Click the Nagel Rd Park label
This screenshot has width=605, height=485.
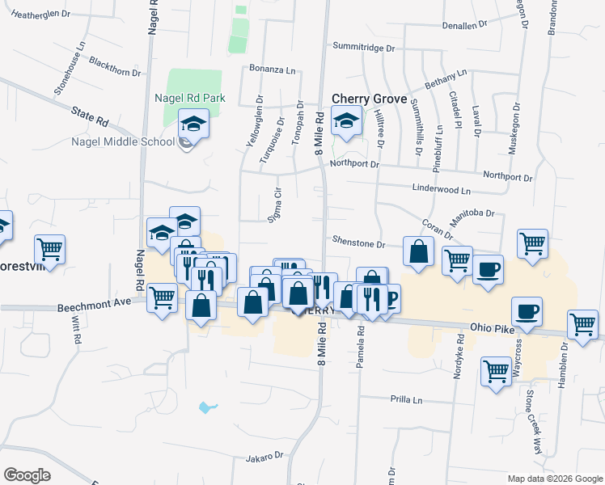[189, 99]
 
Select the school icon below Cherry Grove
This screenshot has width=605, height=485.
[347, 122]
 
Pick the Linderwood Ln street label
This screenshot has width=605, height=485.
[442, 191]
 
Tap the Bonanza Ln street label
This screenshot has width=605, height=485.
[271, 70]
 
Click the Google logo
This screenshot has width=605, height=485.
[27, 475]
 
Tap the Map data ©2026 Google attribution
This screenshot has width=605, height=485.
[554, 479]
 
